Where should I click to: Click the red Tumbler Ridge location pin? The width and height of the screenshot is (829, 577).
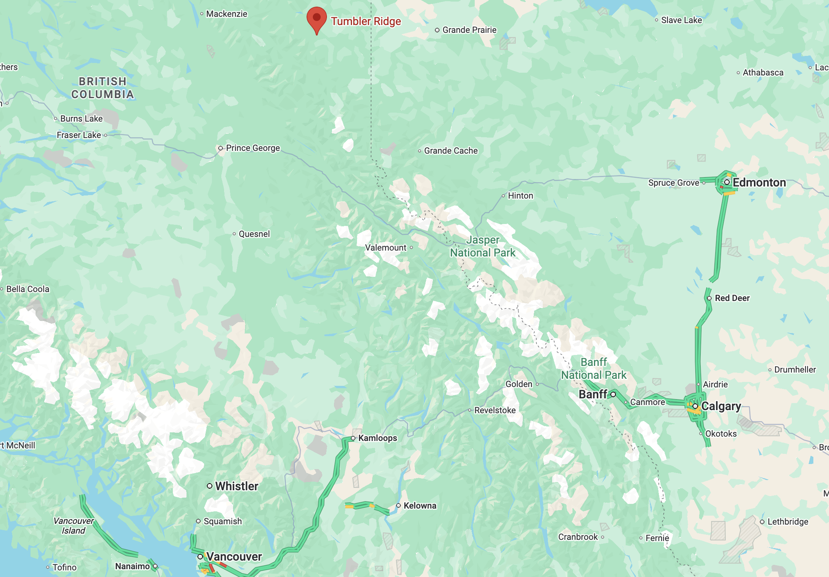[x=317, y=19]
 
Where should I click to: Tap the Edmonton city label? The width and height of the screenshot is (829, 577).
[x=759, y=183]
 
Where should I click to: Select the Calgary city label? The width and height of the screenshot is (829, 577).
[x=721, y=406]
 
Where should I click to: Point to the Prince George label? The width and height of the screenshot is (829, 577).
[x=253, y=148]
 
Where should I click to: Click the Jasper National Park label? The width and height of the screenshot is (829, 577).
[x=483, y=246]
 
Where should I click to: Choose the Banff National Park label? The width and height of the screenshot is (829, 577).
[x=594, y=369]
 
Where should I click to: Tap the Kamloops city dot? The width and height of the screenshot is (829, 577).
[x=353, y=438]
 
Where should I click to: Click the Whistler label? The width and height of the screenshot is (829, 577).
[x=237, y=486]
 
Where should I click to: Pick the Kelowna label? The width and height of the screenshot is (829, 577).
[x=420, y=506]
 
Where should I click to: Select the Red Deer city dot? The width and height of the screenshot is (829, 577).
[x=709, y=298]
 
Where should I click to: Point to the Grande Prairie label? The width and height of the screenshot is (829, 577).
[x=469, y=30]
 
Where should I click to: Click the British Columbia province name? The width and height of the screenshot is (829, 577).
[x=102, y=88]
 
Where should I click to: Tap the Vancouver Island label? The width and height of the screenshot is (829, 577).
[x=74, y=526]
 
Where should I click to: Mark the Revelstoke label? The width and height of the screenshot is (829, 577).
[x=495, y=410]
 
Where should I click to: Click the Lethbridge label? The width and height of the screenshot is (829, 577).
[x=788, y=522]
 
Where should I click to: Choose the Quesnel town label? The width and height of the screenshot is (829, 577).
[x=254, y=234]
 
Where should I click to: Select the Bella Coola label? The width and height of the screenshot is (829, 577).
[x=28, y=289]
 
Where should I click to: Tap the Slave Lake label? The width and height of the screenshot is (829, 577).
[x=681, y=20]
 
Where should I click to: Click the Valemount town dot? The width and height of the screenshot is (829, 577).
[x=411, y=247]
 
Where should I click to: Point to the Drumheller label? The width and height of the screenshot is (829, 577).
[x=795, y=370]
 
